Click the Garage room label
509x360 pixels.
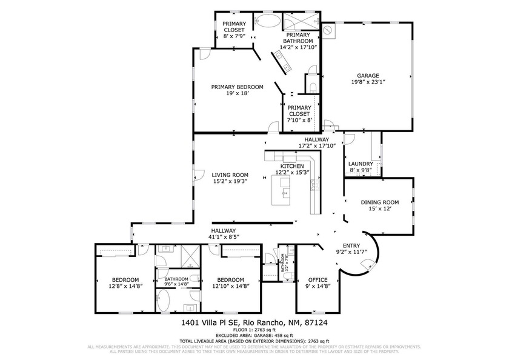coord(364,76)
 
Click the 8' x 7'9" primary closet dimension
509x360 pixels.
coord(235,36)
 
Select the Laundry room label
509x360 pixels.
coord(361,164)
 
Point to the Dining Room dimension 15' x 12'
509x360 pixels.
coord(380,208)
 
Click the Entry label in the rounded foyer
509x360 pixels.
coord(351,245)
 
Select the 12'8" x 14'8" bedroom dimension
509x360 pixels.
coord(125,285)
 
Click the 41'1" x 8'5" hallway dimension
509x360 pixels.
coord(223,237)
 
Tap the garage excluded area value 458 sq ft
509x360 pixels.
coord(279,335)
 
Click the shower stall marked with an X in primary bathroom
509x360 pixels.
coord(298,21)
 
